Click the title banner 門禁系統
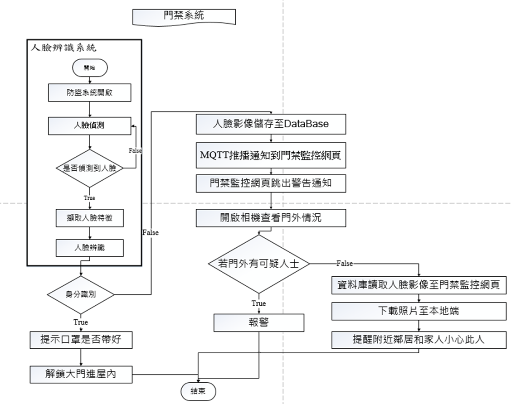coord(184,16)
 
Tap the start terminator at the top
coord(89,67)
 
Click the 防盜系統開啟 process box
coord(89,93)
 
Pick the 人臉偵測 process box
coord(89,125)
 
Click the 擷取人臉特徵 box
coord(89,218)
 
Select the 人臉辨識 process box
coord(89,248)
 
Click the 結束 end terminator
coord(199,391)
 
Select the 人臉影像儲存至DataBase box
coord(271,124)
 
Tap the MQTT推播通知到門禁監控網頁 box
coord(271,154)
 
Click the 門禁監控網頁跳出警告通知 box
coord(271,184)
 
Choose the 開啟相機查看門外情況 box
coord(271,218)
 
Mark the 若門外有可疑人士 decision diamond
coord(259,264)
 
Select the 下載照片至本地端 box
coord(419,311)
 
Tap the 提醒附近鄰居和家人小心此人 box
coord(419,340)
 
